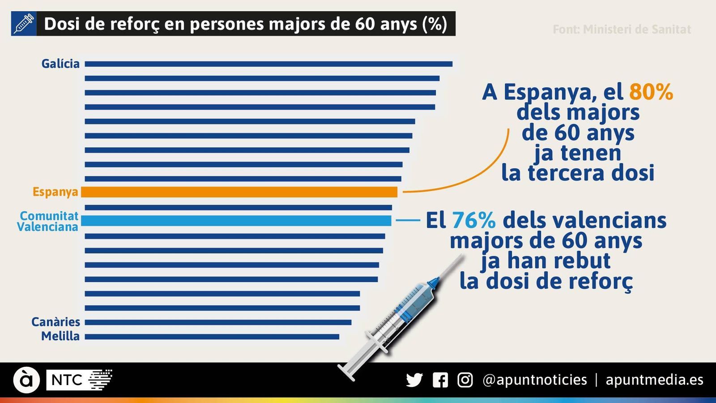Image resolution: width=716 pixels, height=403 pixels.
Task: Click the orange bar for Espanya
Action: (239, 192)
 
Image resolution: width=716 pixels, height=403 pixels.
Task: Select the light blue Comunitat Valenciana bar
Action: (236, 221)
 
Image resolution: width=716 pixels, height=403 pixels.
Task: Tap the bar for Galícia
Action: (268, 64)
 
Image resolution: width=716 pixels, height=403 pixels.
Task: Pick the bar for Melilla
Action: (212, 336)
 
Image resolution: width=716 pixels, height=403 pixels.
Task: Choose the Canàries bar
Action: (218, 322)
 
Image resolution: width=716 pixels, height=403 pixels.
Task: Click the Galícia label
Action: (60, 64)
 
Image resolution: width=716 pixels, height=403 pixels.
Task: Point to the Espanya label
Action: (55, 192)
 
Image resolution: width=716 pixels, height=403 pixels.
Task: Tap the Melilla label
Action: (60, 336)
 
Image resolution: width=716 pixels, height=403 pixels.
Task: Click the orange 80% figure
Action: (651, 92)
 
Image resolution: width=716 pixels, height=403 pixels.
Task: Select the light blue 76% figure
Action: (473, 220)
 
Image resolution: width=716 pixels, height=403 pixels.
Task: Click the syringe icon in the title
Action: (24, 24)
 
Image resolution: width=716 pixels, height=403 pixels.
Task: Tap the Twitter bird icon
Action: (414, 380)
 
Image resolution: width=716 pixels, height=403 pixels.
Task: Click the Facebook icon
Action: (440, 380)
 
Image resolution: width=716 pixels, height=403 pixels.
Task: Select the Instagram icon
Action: (465, 380)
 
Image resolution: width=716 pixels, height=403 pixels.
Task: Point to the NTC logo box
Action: (67, 380)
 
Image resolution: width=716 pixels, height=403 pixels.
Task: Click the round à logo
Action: (26, 380)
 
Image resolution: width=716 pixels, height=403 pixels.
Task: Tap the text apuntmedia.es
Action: (654, 380)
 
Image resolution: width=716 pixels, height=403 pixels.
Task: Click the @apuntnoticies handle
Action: (535, 380)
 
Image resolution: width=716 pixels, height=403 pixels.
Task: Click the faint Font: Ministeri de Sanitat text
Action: (622, 30)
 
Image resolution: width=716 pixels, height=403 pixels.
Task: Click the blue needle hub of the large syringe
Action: (433, 283)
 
